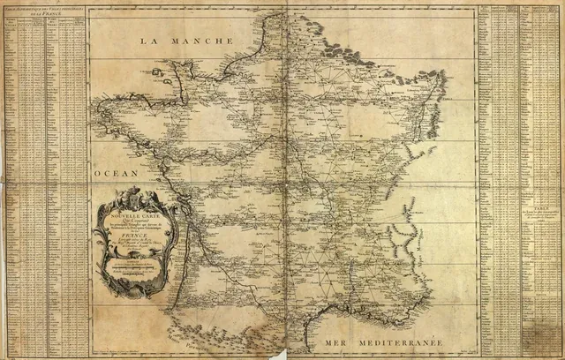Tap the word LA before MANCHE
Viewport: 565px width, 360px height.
pos(153,41)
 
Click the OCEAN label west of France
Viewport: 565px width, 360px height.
pos(115,174)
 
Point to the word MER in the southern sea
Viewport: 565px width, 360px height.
pos(342,341)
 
